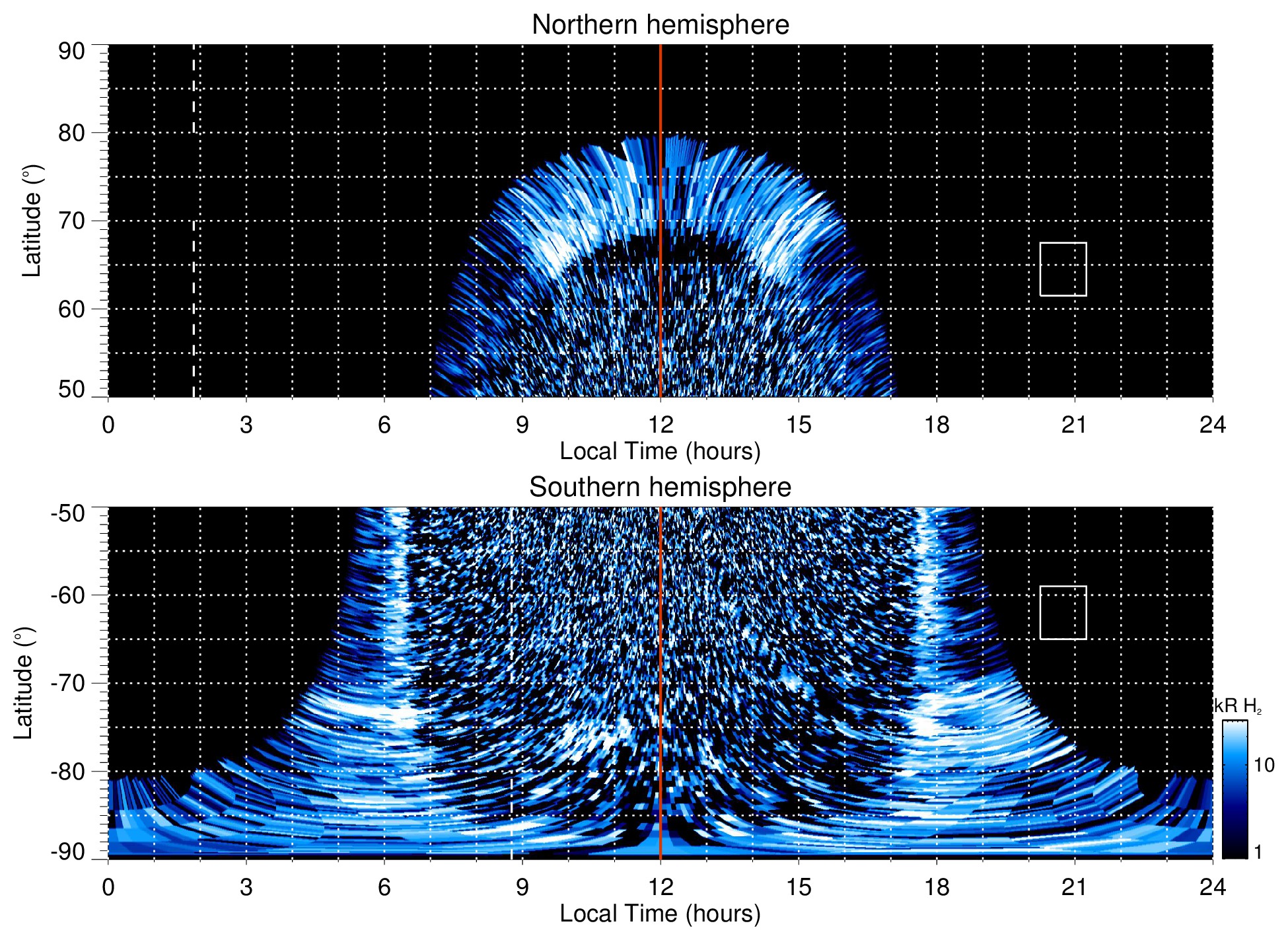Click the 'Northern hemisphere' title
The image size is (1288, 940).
tap(660, 25)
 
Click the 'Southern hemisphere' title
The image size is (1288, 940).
tap(660, 488)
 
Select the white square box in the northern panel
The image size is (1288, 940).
tap(1063, 269)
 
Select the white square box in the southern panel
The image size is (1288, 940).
tap(1063, 612)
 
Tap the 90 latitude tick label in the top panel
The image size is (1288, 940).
tap(71, 52)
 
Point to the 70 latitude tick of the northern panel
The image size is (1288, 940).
tap(71, 221)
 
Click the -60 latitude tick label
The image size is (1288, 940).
tap(68, 595)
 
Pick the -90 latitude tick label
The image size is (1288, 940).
tap(68, 852)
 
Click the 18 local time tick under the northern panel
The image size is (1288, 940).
tap(937, 425)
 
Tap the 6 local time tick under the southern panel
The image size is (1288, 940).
tap(384, 887)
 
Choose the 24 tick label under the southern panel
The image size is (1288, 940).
tap(1212, 887)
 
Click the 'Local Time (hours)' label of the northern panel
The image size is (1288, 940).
tap(660, 452)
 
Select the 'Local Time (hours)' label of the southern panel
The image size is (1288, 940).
tap(660, 914)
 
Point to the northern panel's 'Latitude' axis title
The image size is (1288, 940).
tap(32, 221)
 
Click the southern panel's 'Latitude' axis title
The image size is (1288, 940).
tap(24, 683)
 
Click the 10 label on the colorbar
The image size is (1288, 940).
tap(1264, 766)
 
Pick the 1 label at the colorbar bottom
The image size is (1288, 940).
tap(1258, 852)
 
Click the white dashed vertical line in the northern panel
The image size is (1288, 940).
tap(194, 264)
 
